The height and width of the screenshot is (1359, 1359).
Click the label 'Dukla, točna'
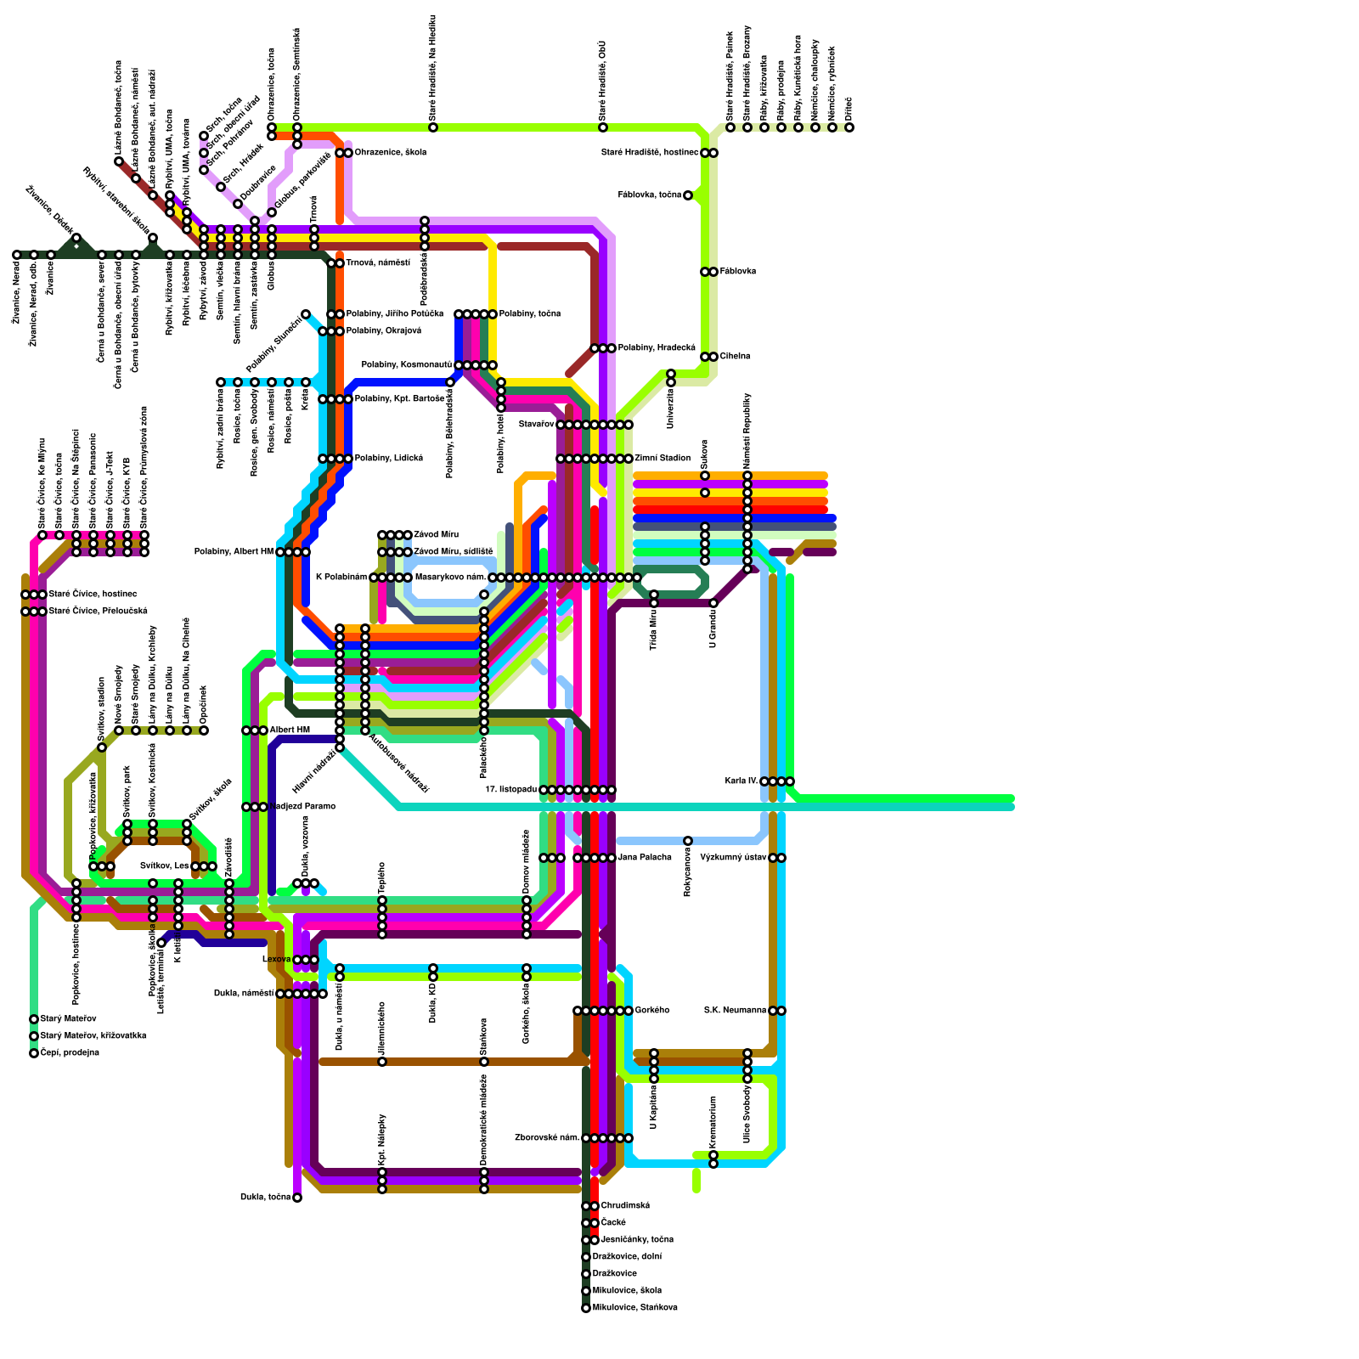[x=265, y=1198]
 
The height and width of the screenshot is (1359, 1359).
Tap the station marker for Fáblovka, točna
[x=688, y=195]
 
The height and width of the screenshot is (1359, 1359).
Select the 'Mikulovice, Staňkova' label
[x=634, y=1308]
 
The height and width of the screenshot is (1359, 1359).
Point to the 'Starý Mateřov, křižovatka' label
[x=93, y=1036]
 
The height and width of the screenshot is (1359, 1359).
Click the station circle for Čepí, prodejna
[x=34, y=1053]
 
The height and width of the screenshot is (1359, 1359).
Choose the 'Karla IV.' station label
[x=742, y=781]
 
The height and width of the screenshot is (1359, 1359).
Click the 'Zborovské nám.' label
[x=547, y=1138]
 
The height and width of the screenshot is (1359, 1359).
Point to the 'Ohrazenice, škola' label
[x=390, y=153]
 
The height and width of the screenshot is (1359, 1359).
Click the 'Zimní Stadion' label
[x=663, y=459]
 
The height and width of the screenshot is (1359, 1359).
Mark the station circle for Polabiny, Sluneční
[x=306, y=314]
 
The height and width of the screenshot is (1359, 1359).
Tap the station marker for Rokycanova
[x=688, y=841]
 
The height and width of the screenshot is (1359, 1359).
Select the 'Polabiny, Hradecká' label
[x=657, y=348]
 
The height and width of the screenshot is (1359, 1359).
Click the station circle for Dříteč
[x=849, y=127]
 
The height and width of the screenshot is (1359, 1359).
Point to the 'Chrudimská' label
[x=625, y=1206]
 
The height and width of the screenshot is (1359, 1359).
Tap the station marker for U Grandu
[x=713, y=603]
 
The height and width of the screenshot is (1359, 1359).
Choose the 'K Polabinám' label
[x=341, y=578]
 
